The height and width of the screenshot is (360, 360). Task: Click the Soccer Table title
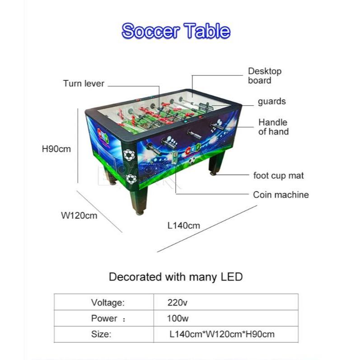pyautogui.click(x=176, y=31)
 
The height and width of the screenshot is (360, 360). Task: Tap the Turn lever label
pyautogui.click(x=84, y=84)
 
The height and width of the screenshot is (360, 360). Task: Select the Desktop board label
pyautogui.click(x=265, y=76)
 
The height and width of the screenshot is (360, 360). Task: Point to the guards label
pyautogui.click(x=271, y=102)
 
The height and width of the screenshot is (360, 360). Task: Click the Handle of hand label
pyautogui.click(x=273, y=127)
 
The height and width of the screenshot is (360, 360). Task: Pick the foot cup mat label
pyautogui.click(x=278, y=175)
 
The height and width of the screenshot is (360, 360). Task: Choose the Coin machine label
pyautogui.click(x=281, y=195)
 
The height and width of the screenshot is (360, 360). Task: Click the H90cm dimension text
pyautogui.click(x=56, y=149)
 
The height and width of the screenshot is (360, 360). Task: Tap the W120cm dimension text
pyautogui.click(x=79, y=215)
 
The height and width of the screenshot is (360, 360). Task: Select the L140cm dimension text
pyautogui.click(x=183, y=225)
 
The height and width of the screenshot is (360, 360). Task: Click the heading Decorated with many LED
pyautogui.click(x=176, y=277)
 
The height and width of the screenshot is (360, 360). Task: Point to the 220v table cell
pyautogui.click(x=177, y=302)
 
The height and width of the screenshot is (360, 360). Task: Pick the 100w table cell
pyautogui.click(x=178, y=318)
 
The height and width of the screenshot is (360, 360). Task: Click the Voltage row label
pyautogui.click(x=108, y=302)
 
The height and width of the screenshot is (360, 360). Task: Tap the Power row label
pyautogui.click(x=104, y=318)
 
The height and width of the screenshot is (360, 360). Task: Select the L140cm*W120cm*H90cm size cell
pyautogui.click(x=222, y=334)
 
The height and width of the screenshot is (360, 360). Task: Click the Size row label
pyautogui.click(x=101, y=334)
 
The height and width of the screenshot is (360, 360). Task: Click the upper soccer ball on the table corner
pyautogui.click(x=129, y=155)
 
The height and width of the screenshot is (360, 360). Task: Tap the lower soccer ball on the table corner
pyautogui.click(x=131, y=179)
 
